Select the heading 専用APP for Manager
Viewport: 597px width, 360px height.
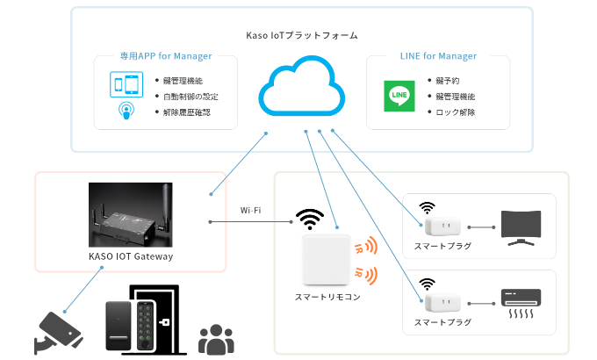pyautogui.click(x=166, y=56)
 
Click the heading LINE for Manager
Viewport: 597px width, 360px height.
pyautogui.click(x=436, y=56)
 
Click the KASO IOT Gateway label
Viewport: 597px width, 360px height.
pyautogui.click(x=131, y=256)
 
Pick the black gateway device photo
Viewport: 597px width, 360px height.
pyautogui.click(x=131, y=216)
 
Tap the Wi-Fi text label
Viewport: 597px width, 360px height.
pyautogui.click(x=252, y=210)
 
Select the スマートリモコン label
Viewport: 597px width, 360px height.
pyautogui.click(x=327, y=297)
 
